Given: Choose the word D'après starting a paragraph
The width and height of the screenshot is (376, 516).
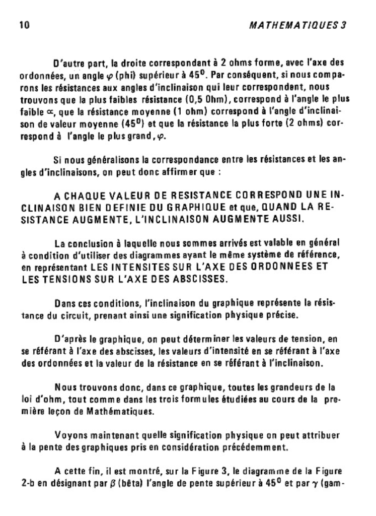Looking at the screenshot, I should click(x=68, y=338).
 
